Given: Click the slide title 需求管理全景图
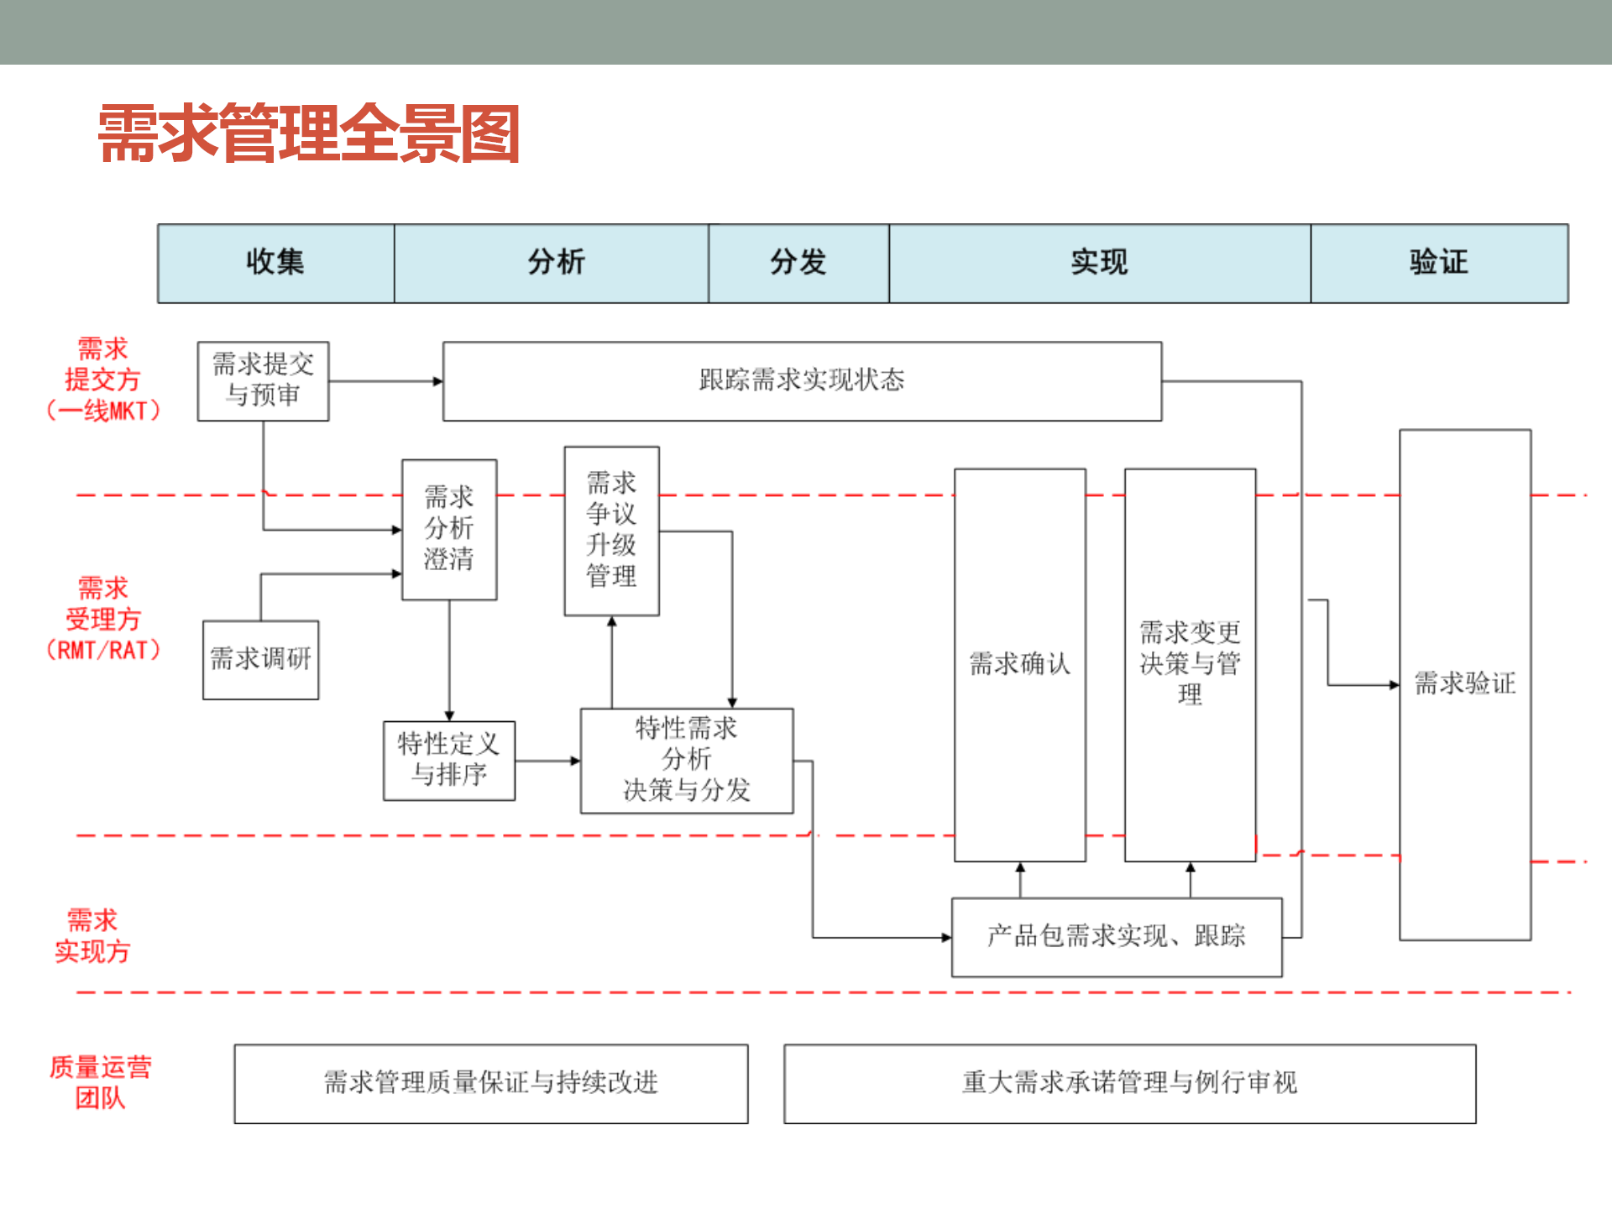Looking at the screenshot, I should click(x=309, y=133).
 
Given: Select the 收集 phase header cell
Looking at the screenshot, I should click(x=275, y=263).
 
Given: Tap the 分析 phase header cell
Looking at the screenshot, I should click(x=555, y=263).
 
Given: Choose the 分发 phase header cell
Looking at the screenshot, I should click(x=798, y=263).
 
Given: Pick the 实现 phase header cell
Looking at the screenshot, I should click(x=1099, y=263).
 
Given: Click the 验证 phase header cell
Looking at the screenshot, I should click(x=1438, y=263).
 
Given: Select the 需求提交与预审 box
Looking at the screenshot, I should click(x=263, y=380).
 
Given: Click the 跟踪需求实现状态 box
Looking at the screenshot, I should click(x=802, y=380).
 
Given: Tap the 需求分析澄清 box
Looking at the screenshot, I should click(x=449, y=529).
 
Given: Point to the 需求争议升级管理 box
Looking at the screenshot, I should click(x=611, y=531).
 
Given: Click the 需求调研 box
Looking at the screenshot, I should click(x=260, y=659).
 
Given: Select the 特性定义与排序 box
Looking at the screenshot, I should click(x=449, y=760).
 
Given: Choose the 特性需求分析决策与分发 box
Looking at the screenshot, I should click(x=686, y=760).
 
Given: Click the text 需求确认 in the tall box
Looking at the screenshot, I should click(x=1019, y=664).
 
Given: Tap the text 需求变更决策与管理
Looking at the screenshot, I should click(x=1190, y=663).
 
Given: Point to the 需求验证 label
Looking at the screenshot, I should click(x=1464, y=683).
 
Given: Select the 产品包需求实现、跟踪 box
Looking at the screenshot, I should click(x=1116, y=936).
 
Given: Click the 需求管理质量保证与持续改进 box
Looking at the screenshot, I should click(x=490, y=1083).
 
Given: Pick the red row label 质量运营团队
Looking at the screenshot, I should click(x=100, y=1082).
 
